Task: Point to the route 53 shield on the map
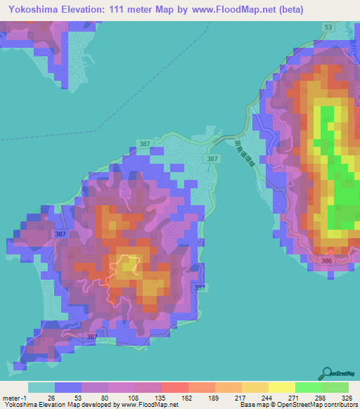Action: pyautogui.click(x=328, y=27)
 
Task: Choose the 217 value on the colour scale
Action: pyautogui.click(x=240, y=398)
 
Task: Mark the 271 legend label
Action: pyautogui.click(x=294, y=398)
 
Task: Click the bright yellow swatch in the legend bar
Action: pyautogui.click(x=281, y=388)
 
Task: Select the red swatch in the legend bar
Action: pyautogui.click(x=174, y=388)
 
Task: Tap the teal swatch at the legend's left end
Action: pyautogui.click(x=41, y=388)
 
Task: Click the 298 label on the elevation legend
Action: pyautogui.click(x=321, y=398)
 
